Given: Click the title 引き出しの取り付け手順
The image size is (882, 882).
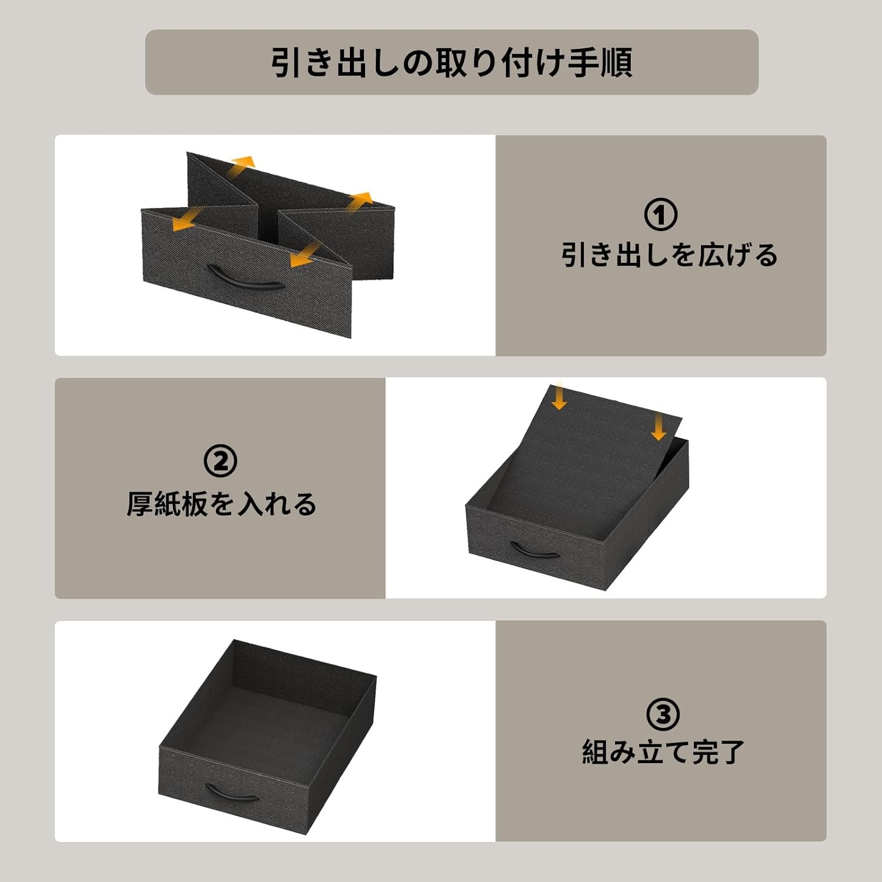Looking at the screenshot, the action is (452, 62).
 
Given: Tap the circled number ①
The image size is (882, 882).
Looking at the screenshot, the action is (660, 215).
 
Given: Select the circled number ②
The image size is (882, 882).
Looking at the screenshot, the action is (220, 461).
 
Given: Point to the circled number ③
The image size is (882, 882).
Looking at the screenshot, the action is (663, 714).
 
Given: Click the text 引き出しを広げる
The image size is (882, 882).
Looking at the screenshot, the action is (669, 255).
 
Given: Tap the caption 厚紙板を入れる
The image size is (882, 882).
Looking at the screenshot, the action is (222, 505).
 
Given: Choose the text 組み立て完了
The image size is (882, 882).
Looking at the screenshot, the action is (663, 752).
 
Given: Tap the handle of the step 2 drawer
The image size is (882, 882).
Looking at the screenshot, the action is (534, 551).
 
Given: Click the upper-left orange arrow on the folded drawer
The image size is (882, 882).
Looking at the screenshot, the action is (241, 165).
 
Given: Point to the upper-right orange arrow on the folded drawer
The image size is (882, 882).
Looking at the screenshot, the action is (359, 201).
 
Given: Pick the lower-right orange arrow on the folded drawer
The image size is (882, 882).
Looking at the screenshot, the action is (306, 255).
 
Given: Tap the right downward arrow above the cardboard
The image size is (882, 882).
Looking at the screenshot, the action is (659, 426).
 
